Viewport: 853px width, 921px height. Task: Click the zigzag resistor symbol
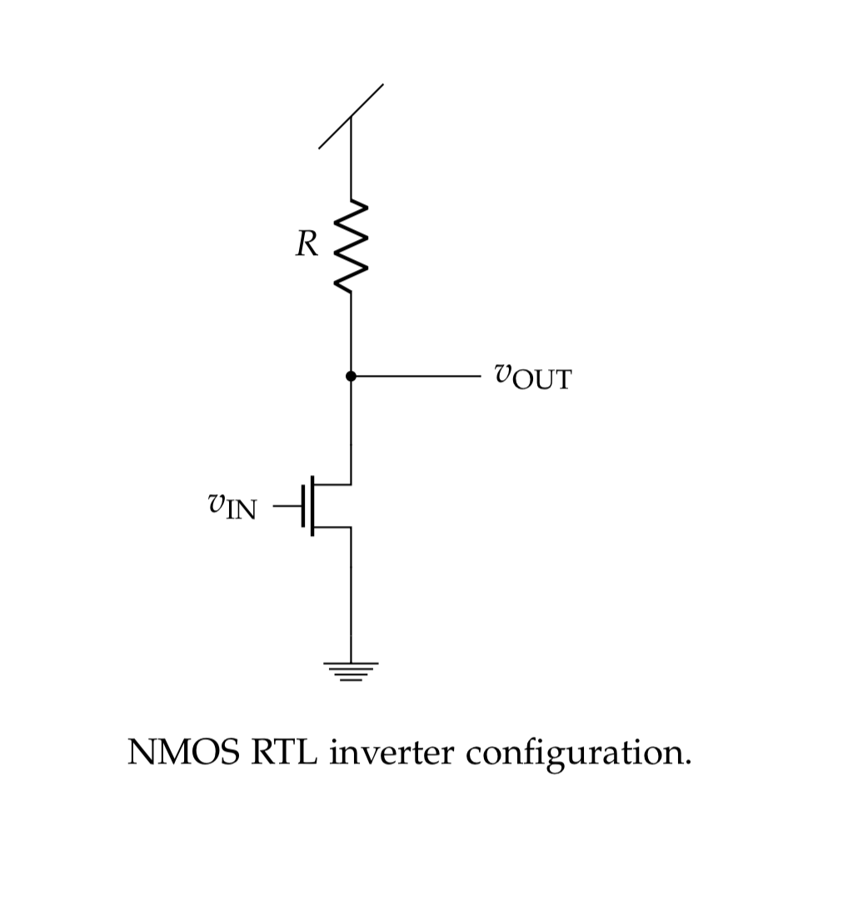351,246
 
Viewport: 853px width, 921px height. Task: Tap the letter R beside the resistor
306,244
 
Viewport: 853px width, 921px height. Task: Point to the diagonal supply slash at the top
351,116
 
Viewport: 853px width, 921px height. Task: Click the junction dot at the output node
351,377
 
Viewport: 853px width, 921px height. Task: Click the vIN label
232,505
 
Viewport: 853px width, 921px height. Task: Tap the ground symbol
351,671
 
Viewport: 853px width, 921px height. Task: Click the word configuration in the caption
578,754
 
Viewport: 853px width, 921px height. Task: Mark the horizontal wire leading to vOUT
417,377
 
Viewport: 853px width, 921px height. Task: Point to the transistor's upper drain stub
333,483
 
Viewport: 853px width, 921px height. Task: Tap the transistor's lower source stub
333,527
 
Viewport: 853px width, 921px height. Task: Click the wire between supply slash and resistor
351,163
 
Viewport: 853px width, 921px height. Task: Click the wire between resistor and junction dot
351,333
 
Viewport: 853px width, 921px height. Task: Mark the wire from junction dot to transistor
351,429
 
